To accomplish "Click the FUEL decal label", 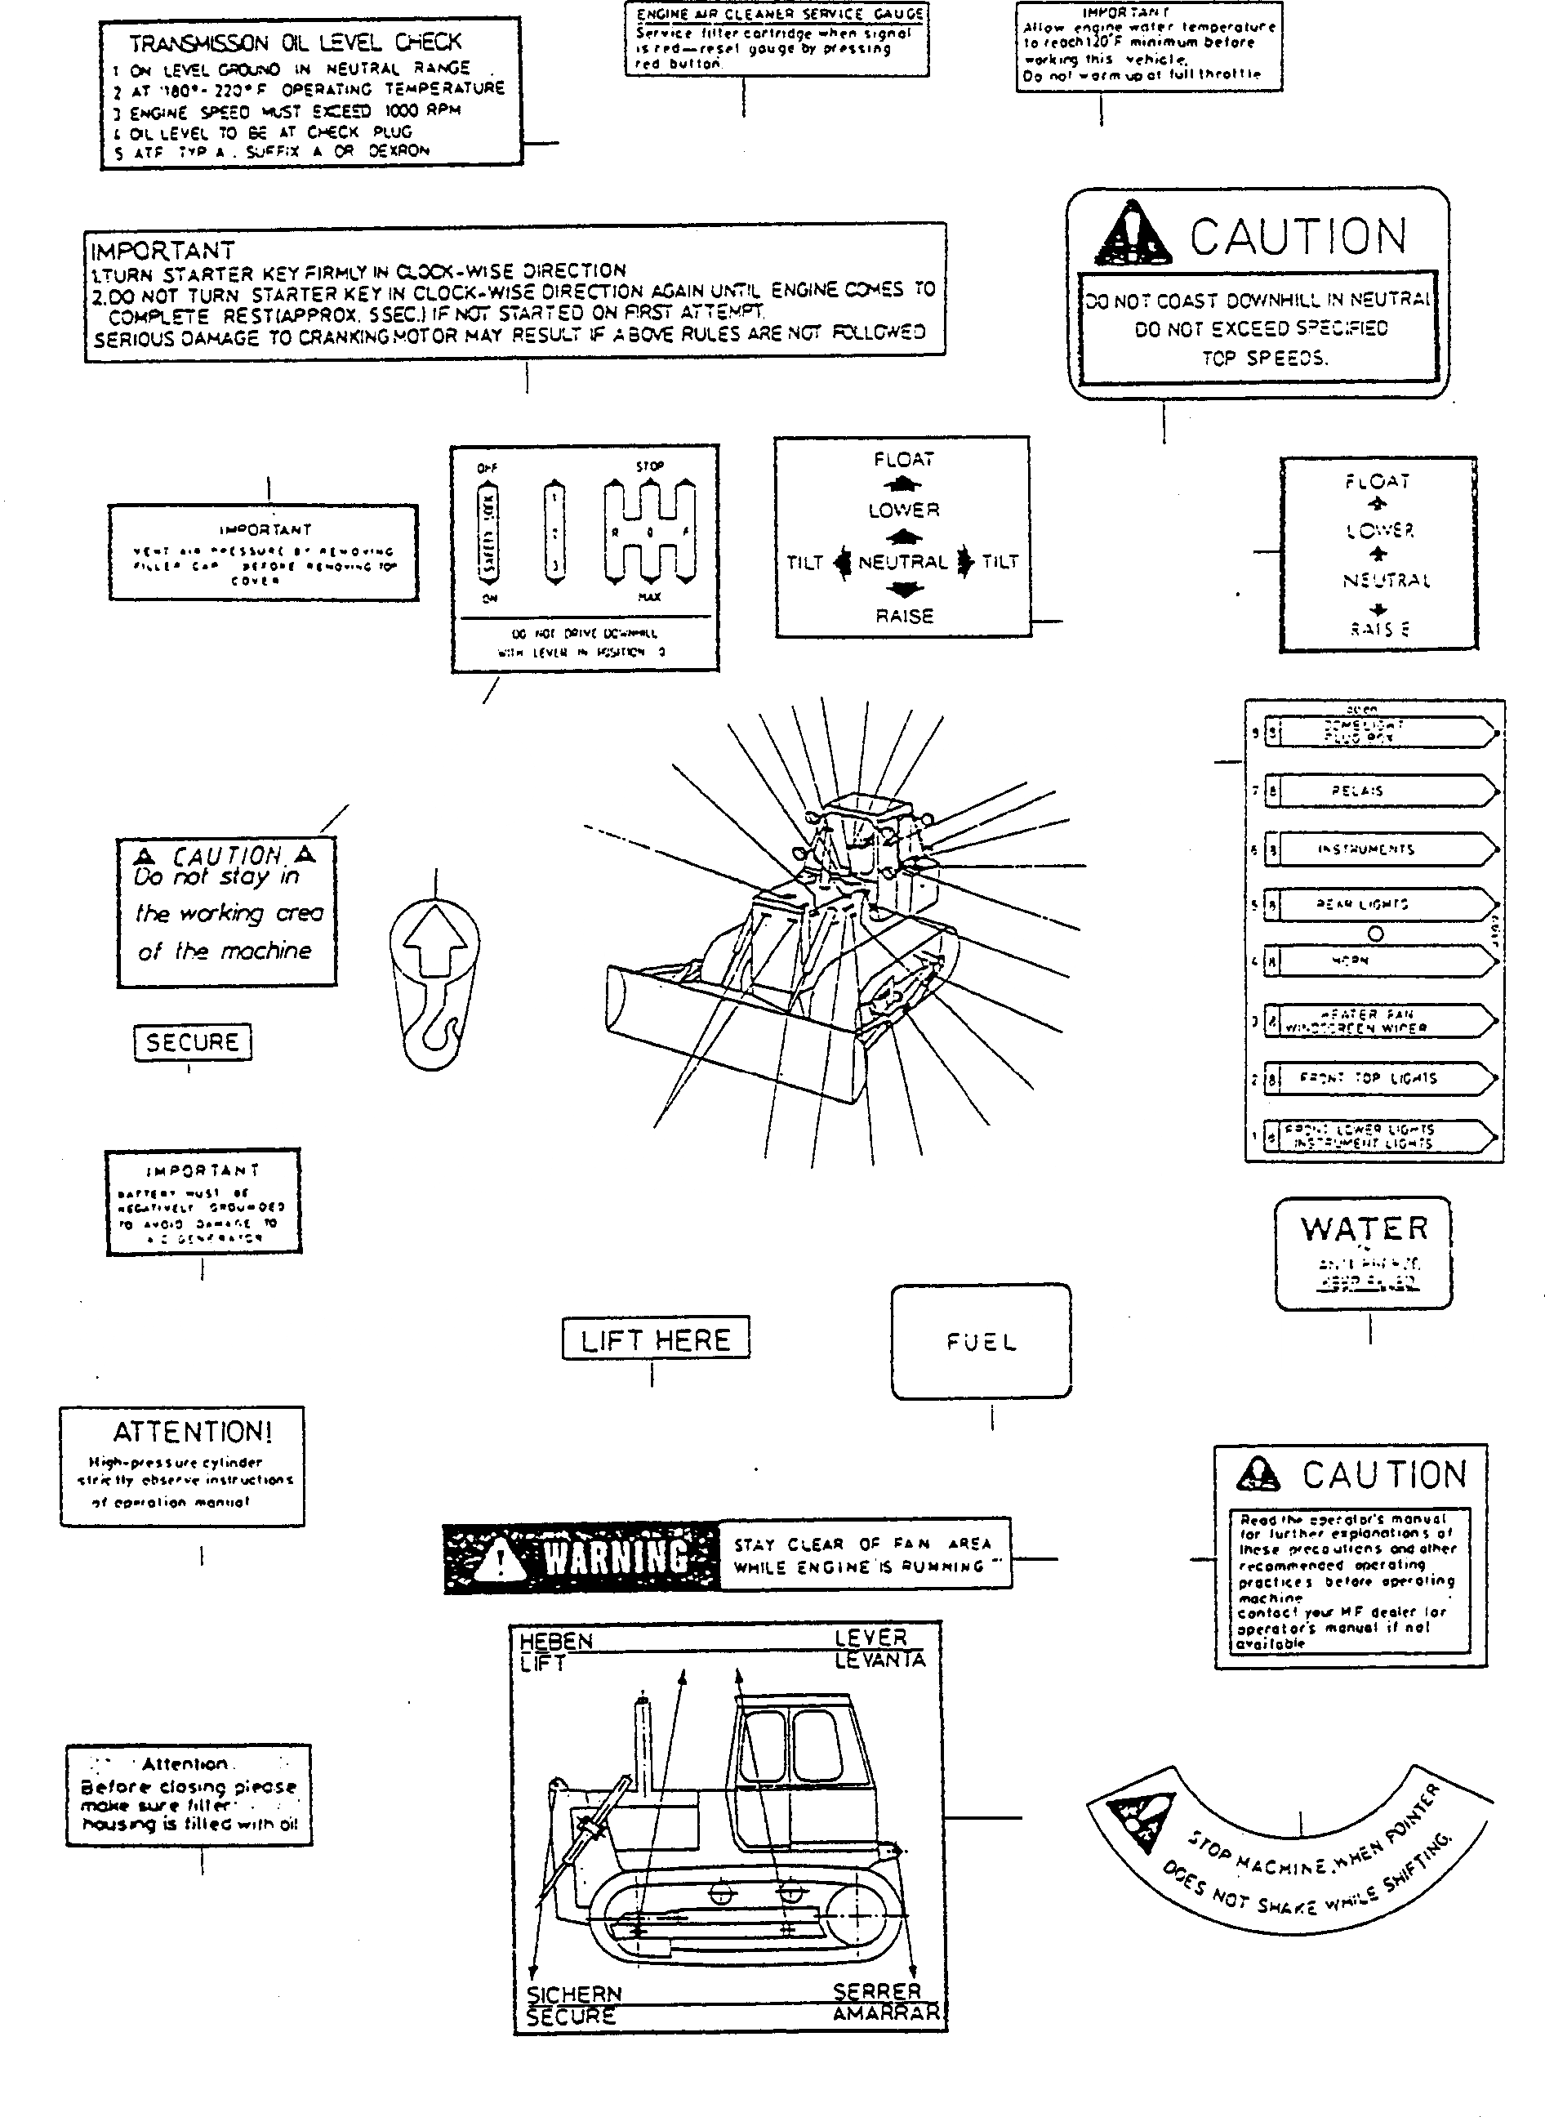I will [x=981, y=1343].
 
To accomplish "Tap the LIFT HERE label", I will [x=655, y=1339].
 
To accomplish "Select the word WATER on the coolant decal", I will [x=1364, y=1229].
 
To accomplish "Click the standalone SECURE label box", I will [x=193, y=1042].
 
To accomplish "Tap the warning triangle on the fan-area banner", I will [x=501, y=1559].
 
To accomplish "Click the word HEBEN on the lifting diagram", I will [x=555, y=1642].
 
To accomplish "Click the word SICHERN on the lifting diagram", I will [x=573, y=1994].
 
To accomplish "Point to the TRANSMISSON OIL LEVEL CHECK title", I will [x=296, y=43].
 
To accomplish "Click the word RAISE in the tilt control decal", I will [x=904, y=617].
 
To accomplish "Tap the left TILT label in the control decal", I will [x=804, y=562].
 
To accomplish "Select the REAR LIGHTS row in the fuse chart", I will [x=1375, y=905].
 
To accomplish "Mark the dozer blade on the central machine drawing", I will [x=729, y=1029].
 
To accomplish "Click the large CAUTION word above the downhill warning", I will [x=1298, y=237].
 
